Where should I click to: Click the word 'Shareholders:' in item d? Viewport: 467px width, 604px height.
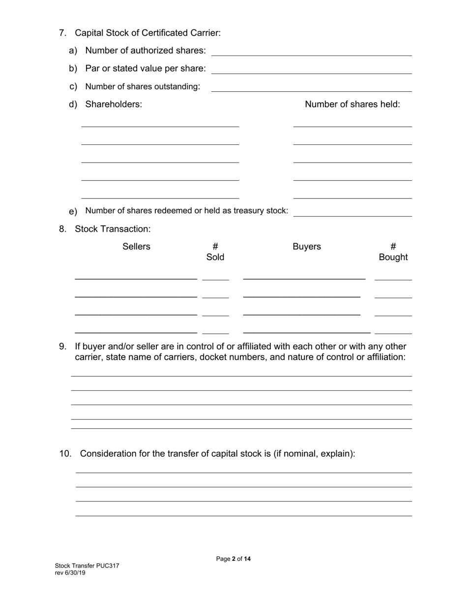click(114, 104)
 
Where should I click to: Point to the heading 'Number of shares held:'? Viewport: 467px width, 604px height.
click(352, 104)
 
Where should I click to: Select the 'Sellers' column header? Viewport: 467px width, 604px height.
click(136, 247)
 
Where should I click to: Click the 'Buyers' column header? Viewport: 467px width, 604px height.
click(307, 247)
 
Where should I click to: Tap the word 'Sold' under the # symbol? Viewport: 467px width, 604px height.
click(215, 257)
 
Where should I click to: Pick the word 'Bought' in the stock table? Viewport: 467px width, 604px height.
click(393, 257)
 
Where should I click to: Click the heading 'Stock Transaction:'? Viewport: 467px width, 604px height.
click(113, 229)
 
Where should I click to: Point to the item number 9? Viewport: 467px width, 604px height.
click(62, 346)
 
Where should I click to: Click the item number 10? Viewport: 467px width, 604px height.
click(65, 454)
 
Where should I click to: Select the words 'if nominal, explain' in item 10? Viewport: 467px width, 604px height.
click(313, 454)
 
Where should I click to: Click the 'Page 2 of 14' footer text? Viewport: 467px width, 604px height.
click(233, 559)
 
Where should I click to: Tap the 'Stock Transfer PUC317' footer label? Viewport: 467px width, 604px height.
click(87, 566)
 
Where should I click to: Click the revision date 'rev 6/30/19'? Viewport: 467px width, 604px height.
click(70, 573)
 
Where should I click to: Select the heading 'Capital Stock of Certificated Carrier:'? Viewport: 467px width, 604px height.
click(147, 33)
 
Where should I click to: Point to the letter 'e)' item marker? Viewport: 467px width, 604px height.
click(73, 212)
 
